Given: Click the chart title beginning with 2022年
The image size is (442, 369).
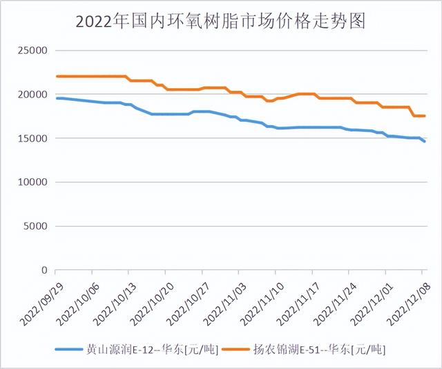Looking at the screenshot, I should click(220, 21).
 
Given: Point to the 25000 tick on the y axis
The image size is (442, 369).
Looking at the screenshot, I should click(32, 51).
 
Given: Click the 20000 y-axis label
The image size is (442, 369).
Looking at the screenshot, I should click(32, 95).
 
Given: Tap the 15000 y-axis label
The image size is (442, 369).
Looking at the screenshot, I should click(32, 139).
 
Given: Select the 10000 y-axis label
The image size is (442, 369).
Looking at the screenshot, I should click(32, 182).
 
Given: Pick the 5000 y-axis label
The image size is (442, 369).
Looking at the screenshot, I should click(35, 227).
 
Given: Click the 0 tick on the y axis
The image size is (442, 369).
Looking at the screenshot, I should click(43, 270).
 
